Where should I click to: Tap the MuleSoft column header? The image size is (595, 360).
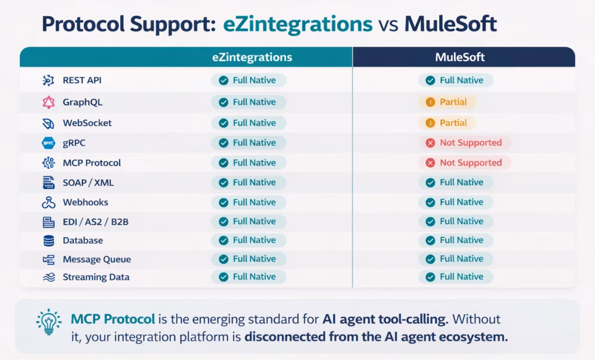(460, 57)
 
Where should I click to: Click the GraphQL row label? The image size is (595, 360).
(83, 102)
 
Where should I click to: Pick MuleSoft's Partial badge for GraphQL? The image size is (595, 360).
(447, 102)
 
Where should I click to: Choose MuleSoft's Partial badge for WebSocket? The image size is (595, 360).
(447, 123)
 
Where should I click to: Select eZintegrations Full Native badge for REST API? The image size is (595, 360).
(248, 81)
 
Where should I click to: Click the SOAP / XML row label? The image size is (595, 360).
(88, 182)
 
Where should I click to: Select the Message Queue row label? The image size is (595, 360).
(96, 259)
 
